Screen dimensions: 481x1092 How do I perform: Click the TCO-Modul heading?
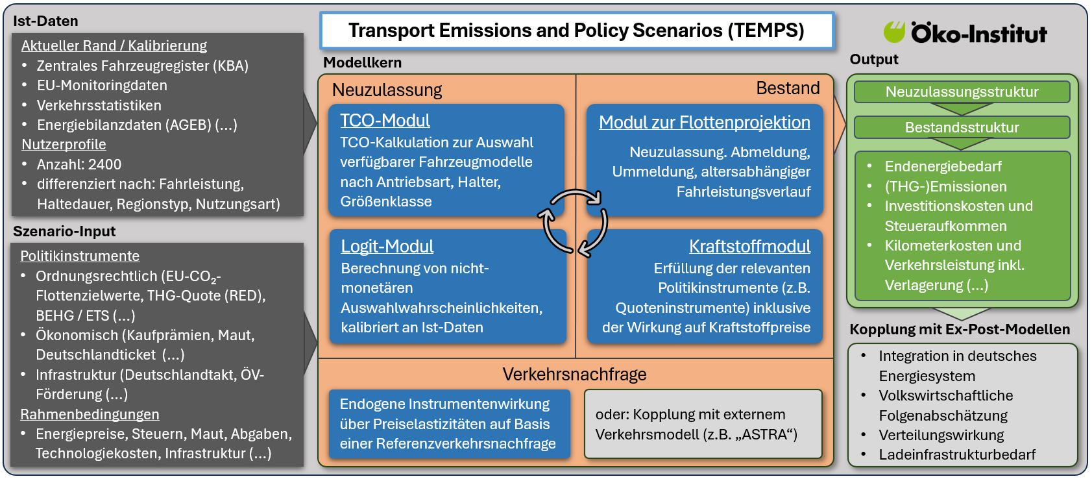coord(385,121)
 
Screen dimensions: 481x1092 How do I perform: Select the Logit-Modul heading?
coord(387,247)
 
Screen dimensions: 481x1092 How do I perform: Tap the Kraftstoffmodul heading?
coord(749,247)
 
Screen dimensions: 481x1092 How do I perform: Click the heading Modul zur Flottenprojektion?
coord(704,123)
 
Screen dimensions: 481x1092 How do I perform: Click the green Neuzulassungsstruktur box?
coord(962,92)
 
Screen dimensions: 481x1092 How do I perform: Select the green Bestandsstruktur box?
coord(962,128)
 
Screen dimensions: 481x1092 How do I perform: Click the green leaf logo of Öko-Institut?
coord(894,32)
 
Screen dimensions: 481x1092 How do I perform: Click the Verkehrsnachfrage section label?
coord(574,375)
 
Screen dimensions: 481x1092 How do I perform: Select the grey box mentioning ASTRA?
coord(703,424)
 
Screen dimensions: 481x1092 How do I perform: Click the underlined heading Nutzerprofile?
coord(64,145)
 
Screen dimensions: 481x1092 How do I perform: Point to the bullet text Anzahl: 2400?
coord(79,165)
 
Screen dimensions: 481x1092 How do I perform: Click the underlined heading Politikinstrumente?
coord(80,256)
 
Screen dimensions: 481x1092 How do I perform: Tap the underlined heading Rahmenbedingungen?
coord(90,415)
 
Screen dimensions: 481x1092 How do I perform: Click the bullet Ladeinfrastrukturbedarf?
coord(956,455)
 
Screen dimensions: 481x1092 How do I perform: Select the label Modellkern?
coord(362,63)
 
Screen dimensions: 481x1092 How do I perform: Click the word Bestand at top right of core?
coord(788,88)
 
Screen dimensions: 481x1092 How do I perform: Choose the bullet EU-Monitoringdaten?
coord(102,86)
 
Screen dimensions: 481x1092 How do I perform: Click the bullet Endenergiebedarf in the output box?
coord(943,167)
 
